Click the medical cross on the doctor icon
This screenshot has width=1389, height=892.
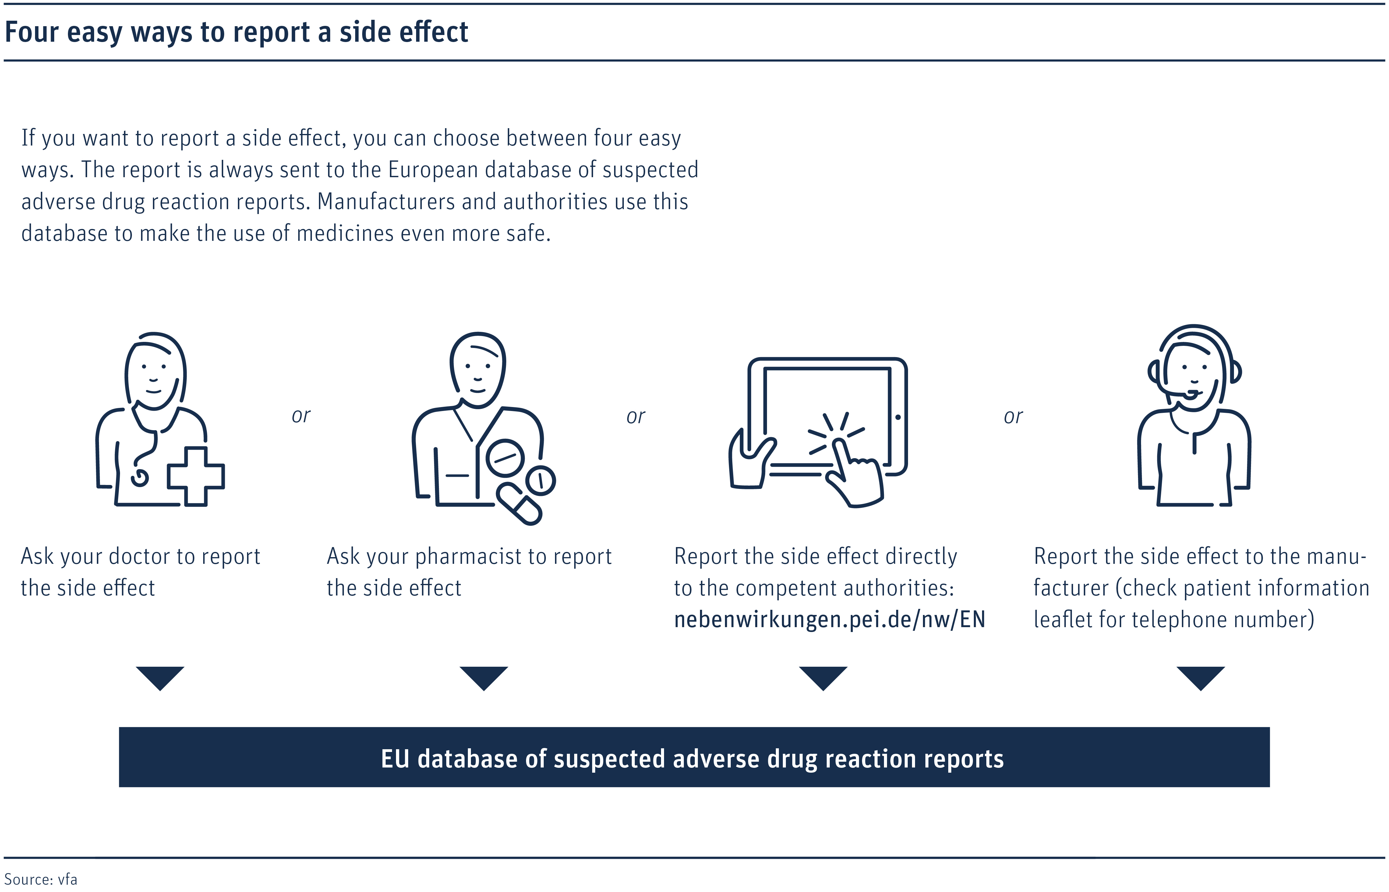[196, 476]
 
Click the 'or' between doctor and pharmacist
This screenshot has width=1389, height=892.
[301, 416]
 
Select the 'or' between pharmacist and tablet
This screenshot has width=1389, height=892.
[636, 416]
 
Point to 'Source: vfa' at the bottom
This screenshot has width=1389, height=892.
[41, 879]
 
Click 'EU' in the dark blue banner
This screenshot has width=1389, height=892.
[395, 759]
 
